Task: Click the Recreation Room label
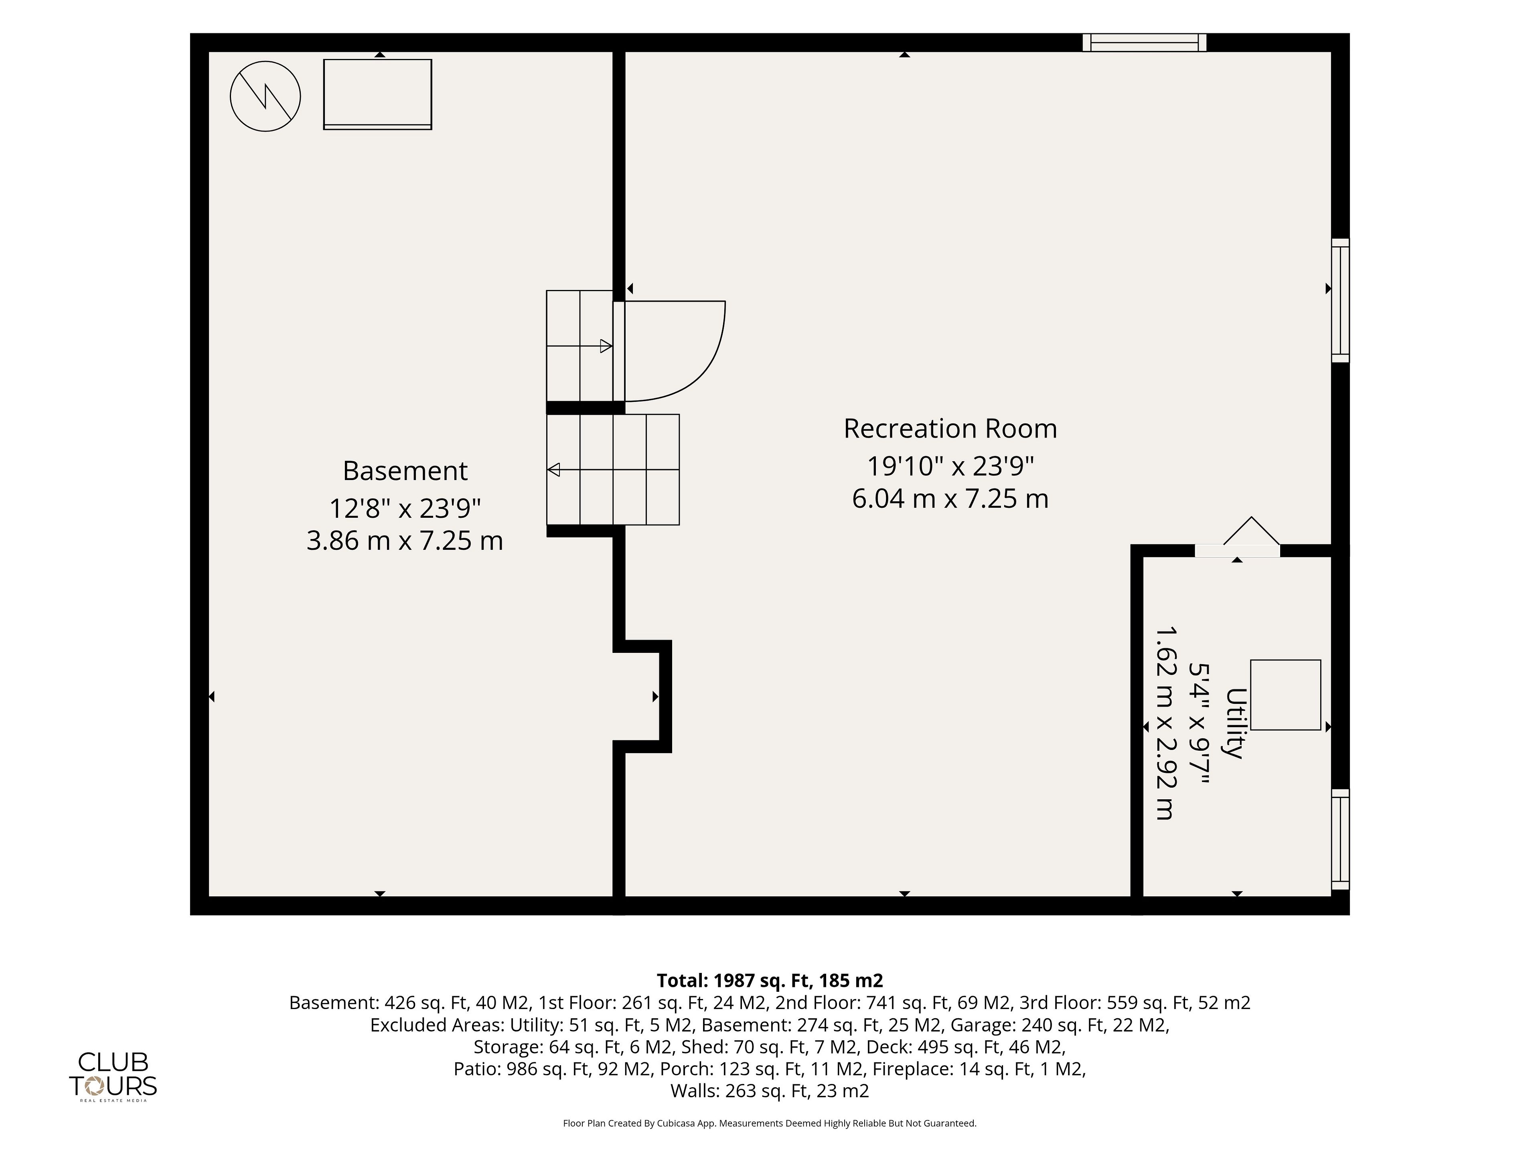coord(950,429)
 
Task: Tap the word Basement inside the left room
coord(405,471)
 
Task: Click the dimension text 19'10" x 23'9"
coord(950,466)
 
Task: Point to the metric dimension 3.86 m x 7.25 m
coord(405,541)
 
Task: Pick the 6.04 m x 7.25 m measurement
coord(950,498)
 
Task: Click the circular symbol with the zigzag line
coord(265,97)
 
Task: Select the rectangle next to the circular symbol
coord(377,94)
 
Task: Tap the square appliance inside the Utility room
coord(1285,695)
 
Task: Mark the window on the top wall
coord(1145,43)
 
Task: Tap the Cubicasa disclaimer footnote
coord(770,1123)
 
